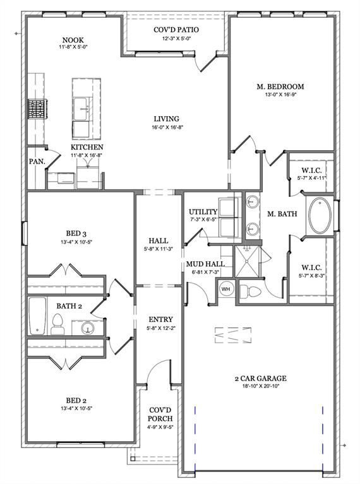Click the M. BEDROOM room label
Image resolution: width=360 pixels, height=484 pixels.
pos(280,86)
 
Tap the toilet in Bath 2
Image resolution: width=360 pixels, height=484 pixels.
pos(57,324)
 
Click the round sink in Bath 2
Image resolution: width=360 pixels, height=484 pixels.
pos(88,328)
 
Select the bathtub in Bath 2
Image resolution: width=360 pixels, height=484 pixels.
pos(37,316)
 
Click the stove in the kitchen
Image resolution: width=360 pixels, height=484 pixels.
pos(35,110)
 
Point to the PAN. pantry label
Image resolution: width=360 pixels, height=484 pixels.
pos(37,162)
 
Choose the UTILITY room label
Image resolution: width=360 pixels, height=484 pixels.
pos(203,212)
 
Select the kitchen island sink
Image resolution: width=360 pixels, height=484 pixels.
pos(83,107)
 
